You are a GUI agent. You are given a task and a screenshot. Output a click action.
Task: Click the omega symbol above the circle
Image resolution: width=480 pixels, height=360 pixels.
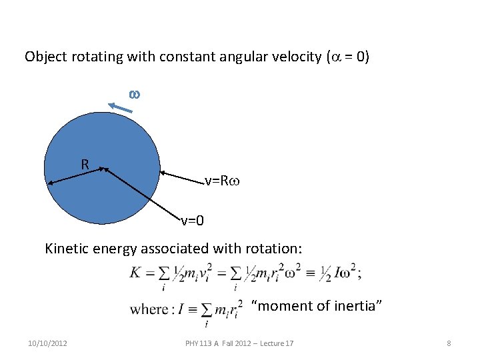tap(133, 95)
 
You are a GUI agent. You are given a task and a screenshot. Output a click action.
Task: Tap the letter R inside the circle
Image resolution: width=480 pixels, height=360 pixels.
tap(85, 164)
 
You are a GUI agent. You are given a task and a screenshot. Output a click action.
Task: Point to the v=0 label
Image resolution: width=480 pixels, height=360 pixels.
tap(193, 219)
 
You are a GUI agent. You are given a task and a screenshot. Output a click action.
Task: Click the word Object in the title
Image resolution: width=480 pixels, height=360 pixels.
tap(45, 57)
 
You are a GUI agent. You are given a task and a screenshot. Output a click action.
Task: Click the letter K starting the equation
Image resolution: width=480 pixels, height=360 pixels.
tap(135, 272)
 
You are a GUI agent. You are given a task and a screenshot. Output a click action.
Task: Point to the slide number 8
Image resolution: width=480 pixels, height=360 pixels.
tap(449, 343)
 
